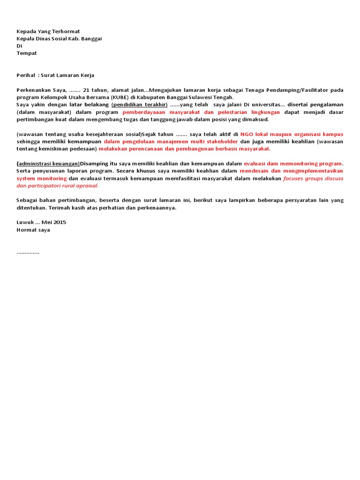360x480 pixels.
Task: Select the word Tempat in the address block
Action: pyautogui.click(x=27, y=53)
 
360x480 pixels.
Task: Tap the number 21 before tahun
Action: pyautogui.click(x=86, y=90)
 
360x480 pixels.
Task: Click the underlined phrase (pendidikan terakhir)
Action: pyautogui.click(x=139, y=105)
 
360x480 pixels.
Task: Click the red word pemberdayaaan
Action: pyautogui.click(x=143, y=112)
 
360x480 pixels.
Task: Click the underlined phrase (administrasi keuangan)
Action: pyautogui.click(x=48, y=164)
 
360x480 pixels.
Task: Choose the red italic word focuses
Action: pyautogui.click(x=294, y=179)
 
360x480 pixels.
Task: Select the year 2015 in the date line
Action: pyautogui.click(x=59, y=222)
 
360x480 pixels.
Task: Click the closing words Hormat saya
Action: pyautogui.click(x=33, y=230)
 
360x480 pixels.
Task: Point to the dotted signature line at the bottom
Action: pyautogui.click(x=28, y=252)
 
